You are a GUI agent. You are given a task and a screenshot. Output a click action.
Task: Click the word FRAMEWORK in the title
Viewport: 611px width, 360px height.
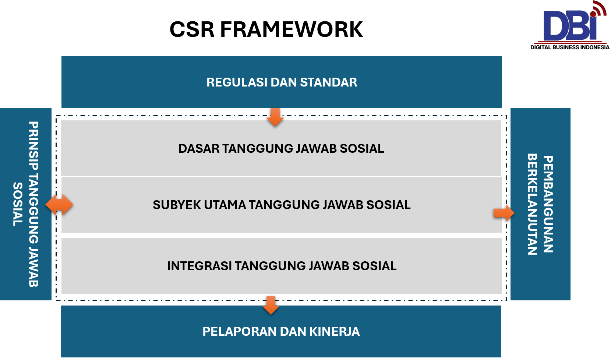292,29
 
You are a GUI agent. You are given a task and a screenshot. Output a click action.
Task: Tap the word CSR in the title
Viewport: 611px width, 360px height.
192,29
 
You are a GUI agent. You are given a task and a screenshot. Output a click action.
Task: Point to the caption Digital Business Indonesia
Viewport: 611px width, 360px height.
570,47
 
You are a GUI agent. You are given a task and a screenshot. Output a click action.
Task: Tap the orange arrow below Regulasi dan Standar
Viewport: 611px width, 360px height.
275,117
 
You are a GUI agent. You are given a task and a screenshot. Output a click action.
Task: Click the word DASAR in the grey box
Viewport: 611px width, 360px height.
199,149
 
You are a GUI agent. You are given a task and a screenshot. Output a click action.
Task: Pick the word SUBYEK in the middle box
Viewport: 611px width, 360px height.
176,205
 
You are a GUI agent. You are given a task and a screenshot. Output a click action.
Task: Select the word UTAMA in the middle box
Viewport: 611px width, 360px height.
225,205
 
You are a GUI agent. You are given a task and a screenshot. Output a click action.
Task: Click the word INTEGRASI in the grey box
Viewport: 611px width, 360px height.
199,266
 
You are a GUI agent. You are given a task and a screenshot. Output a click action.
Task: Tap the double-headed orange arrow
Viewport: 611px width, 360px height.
59,205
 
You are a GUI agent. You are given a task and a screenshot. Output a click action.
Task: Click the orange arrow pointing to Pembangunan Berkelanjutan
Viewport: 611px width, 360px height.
504,213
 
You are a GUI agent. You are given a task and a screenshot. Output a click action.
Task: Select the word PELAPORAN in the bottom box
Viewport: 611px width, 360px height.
239,332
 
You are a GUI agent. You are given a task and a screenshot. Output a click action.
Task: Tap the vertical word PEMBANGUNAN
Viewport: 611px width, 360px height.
548,204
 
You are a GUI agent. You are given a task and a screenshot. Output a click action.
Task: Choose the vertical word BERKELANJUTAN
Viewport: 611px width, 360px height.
532,204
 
